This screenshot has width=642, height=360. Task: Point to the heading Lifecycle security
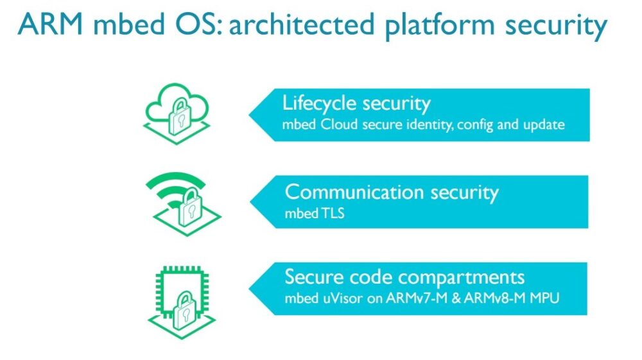[356, 104]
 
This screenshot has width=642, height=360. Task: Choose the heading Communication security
[392, 192]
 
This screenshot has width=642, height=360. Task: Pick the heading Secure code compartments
[404, 277]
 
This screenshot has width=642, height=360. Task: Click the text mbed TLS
[315, 214]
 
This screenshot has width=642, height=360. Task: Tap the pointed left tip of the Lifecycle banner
[251, 116]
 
